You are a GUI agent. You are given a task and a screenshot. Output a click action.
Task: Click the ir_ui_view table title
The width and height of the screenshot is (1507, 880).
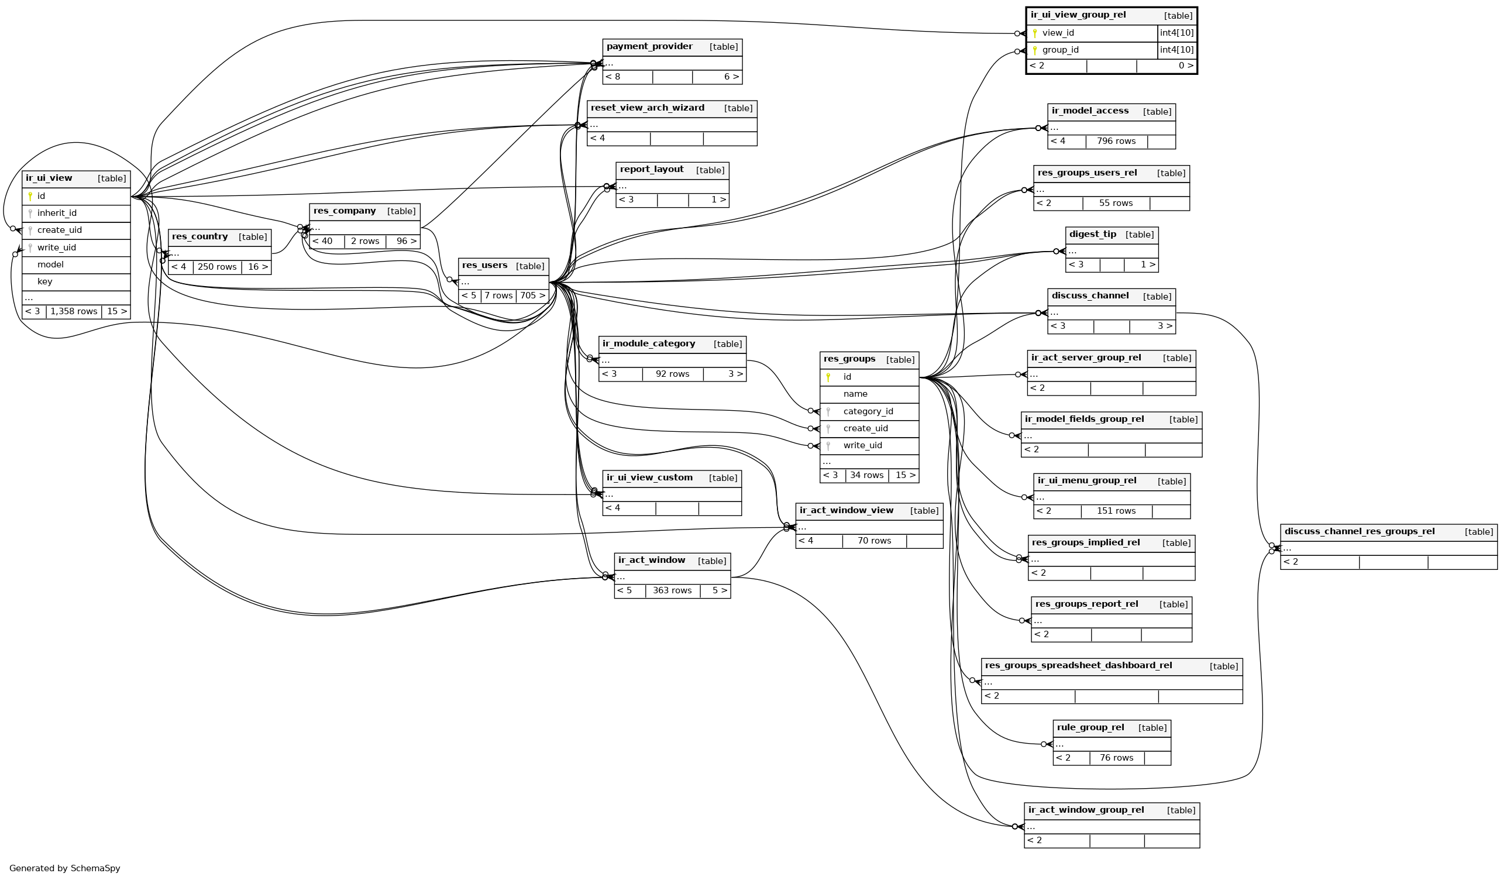tap(49, 178)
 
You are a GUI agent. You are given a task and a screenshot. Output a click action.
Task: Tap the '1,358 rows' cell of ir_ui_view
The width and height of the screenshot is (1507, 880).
tap(74, 312)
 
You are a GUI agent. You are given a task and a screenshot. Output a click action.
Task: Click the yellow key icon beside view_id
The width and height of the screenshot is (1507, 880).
tap(1035, 33)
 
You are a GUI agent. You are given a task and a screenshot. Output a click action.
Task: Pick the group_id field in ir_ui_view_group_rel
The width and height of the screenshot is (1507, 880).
tap(1060, 50)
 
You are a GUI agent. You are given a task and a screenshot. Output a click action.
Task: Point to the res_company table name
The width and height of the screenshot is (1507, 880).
tap(345, 211)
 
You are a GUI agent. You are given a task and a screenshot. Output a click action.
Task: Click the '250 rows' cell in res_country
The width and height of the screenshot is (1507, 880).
tap(217, 267)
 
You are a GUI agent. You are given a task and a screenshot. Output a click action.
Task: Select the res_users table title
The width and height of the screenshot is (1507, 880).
tap(484, 266)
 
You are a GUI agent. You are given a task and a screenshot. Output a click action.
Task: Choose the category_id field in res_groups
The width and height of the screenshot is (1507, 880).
tap(868, 411)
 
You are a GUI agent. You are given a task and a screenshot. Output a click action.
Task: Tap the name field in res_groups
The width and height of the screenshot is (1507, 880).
tap(855, 394)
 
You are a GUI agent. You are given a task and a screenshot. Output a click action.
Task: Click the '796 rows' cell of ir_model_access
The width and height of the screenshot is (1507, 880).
tap(1116, 142)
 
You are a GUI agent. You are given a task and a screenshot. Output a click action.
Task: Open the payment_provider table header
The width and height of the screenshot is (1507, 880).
tap(649, 47)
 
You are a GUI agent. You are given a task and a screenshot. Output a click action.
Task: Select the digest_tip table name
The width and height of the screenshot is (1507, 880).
tap(1093, 235)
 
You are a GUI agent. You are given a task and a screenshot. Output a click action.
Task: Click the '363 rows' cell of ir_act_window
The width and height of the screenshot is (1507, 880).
tap(672, 591)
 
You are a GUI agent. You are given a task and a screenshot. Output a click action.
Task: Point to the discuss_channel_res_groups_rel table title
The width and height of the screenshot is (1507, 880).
tap(1360, 532)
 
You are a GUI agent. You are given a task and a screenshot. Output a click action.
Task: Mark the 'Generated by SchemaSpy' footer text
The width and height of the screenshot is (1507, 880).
tap(64, 869)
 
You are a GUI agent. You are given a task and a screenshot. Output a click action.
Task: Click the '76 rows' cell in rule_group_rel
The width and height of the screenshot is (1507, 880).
tap(1116, 758)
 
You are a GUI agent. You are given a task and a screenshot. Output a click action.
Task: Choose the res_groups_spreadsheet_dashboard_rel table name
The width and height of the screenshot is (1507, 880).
tap(1078, 666)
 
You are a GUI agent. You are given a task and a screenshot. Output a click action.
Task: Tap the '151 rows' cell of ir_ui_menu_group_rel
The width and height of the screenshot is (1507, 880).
tap(1116, 511)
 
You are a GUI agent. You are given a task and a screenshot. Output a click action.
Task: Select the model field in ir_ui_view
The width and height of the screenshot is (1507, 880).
tap(50, 265)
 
